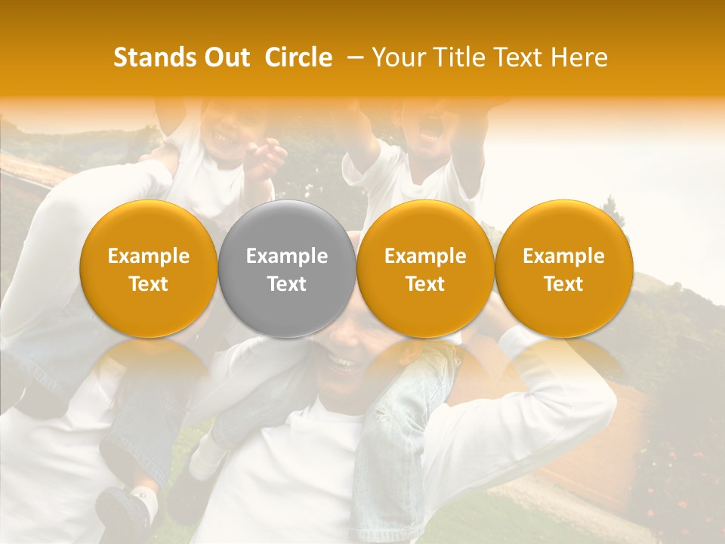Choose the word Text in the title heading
click(x=519, y=57)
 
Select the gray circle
click(x=287, y=270)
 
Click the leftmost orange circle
click(x=149, y=270)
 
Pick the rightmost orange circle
click(x=563, y=270)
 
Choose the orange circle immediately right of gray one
click(x=425, y=270)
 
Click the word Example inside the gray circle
click(x=287, y=256)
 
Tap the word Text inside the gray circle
click(x=287, y=284)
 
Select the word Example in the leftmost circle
click(x=149, y=256)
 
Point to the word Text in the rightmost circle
click(x=563, y=284)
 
